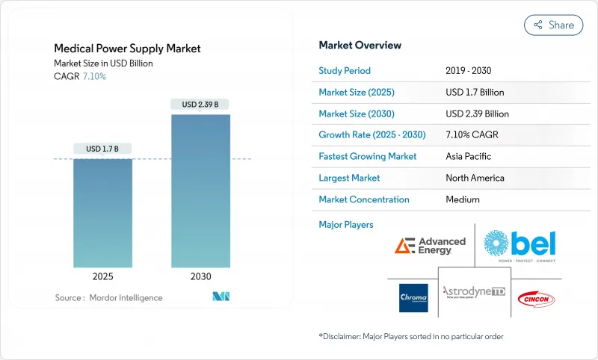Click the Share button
tap(553, 25)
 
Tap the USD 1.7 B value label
tap(102, 149)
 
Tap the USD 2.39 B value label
tap(200, 105)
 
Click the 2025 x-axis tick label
tap(102, 276)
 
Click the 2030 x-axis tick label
tap(200, 276)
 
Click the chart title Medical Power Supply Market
tap(127, 49)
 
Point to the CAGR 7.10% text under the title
tap(80, 76)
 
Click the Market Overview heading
tap(360, 46)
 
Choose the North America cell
tap(475, 178)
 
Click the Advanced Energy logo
tap(430, 245)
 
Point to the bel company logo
tap(520, 244)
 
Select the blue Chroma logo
tap(413, 297)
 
